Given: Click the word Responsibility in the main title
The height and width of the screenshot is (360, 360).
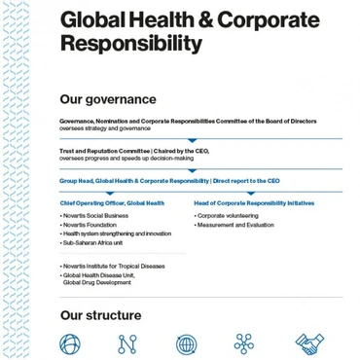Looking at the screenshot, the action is (x=131, y=44).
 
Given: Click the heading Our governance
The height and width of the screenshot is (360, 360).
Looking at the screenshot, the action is (x=107, y=99).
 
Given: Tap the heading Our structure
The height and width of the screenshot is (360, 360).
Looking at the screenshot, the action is (x=100, y=315).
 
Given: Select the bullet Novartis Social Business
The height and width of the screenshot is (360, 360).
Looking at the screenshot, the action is (x=94, y=216).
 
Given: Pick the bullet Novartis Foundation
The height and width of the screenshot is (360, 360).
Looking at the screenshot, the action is (x=89, y=225).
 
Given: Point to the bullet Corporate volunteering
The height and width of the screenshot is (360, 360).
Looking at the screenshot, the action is (x=227, y=216).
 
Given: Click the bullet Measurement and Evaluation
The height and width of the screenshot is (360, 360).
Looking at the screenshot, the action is (x=234, y=225).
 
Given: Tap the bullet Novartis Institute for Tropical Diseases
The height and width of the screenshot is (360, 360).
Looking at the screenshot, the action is (x=113, y=266).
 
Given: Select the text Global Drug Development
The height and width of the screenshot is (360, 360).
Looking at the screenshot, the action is (x=97, y=282).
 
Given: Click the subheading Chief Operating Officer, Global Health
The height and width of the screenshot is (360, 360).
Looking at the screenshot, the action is (x=112, y=203).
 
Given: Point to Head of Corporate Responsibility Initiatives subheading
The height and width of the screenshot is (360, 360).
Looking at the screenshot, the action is (x=254, y=203).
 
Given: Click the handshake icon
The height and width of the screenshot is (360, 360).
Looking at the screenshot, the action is (x=309, y=343).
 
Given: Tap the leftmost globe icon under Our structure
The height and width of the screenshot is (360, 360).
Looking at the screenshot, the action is (x=70, y=343).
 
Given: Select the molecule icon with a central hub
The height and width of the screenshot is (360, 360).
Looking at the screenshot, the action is (x=244, y=343).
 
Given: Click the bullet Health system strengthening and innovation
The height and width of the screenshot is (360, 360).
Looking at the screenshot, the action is (x=116, y=234).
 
